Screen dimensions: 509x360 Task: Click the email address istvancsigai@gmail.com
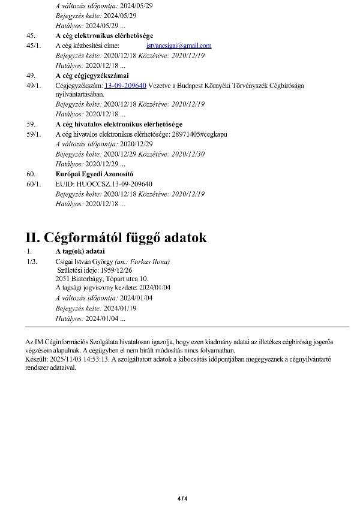click(179, 46)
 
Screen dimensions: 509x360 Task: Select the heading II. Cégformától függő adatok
click(116, 237)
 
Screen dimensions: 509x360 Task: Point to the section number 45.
click(31, 36)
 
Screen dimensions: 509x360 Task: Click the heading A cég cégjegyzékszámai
click(92, 76)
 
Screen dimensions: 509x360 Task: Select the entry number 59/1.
click(34, 134)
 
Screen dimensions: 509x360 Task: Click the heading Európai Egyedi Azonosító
click(90, 174)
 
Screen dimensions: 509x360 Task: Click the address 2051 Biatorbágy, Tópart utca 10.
click(101, 279)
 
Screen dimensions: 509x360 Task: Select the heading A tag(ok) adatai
click(80, 251)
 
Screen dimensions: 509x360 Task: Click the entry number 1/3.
click(32, 261)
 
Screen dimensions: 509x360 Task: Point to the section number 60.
click(31, 174)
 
